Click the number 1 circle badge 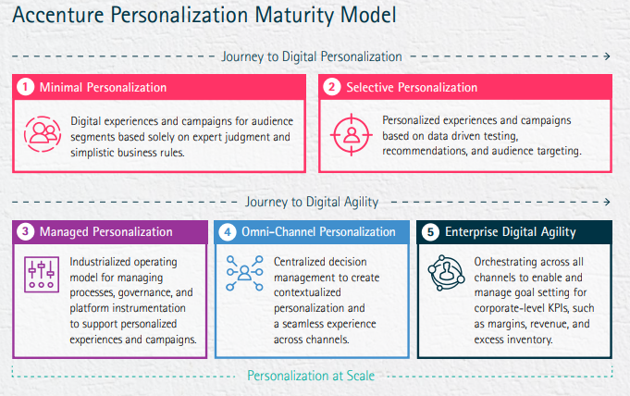click(x=25, y=87)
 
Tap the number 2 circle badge click(x=332, y=87)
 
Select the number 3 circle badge click(x=25, y=231)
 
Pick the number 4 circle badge click(x=228, y=232)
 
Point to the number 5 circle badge click(x=430, y=232)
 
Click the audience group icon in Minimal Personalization click(x=43, y=134)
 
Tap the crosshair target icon click(x=352, y=135)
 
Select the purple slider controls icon click(x=42, y=274)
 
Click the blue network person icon click(x=244, y=273)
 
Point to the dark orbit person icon click(x=446, y=273)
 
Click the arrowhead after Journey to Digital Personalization click(x=607, y=56)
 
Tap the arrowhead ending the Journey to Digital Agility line click(x=607, y=202)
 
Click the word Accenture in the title click(x=58, y=16)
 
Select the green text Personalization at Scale click(x=311, y=376)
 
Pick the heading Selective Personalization click(x=412, y=87)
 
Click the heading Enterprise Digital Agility click(x=511, y=232)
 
